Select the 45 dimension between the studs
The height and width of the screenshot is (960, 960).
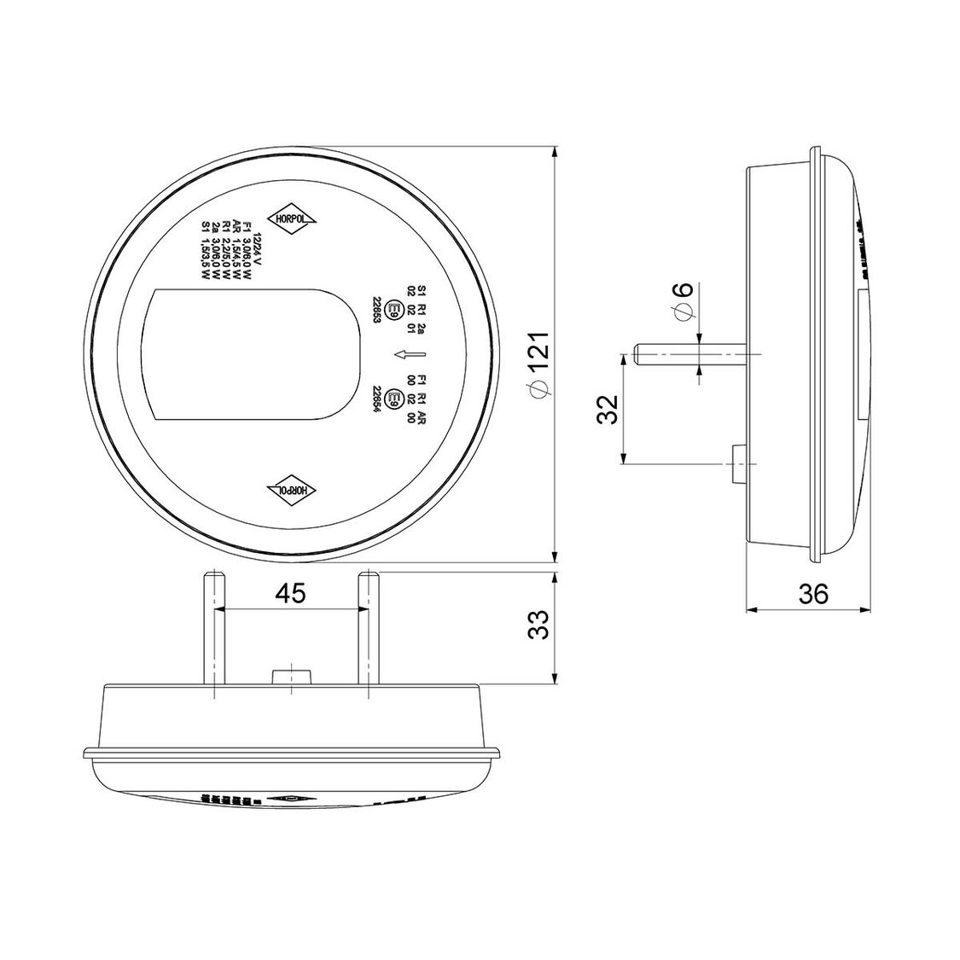pos(290,594)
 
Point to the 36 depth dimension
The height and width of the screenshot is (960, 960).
pos(814,594)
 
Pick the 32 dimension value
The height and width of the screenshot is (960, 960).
pos(607,409)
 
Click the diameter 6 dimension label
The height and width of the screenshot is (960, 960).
pos(684,302)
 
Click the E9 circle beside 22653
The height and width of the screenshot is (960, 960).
pos(394,308)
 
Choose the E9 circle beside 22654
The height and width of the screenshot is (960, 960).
pos(394,398)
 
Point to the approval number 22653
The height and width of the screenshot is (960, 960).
pos(375,309)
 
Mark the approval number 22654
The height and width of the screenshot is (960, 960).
pos(375,398)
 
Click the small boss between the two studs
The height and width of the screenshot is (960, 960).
pos(290,676)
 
